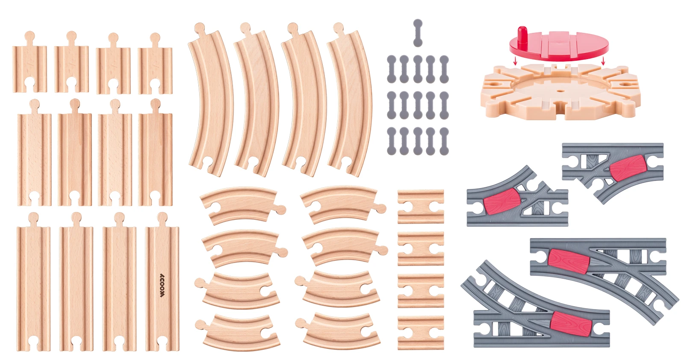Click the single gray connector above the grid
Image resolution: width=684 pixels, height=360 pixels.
(x=418, y=33)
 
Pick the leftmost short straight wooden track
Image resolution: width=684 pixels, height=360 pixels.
(x=29, y=62)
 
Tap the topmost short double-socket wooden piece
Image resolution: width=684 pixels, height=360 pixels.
(x=421, y=207)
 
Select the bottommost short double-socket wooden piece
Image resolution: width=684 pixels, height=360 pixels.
(x=421, y=333)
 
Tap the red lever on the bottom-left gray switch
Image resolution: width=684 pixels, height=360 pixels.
(x=571, y=324)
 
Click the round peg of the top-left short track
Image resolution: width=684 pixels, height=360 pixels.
(x=29, y=37)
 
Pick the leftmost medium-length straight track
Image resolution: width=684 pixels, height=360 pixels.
(x=34, y=152)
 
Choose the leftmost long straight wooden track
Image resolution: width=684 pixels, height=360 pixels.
(x=33, y=282)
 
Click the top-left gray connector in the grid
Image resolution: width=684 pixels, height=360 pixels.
(x=392, y=69)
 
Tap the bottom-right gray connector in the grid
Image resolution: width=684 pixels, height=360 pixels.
(x=444, y=141)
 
